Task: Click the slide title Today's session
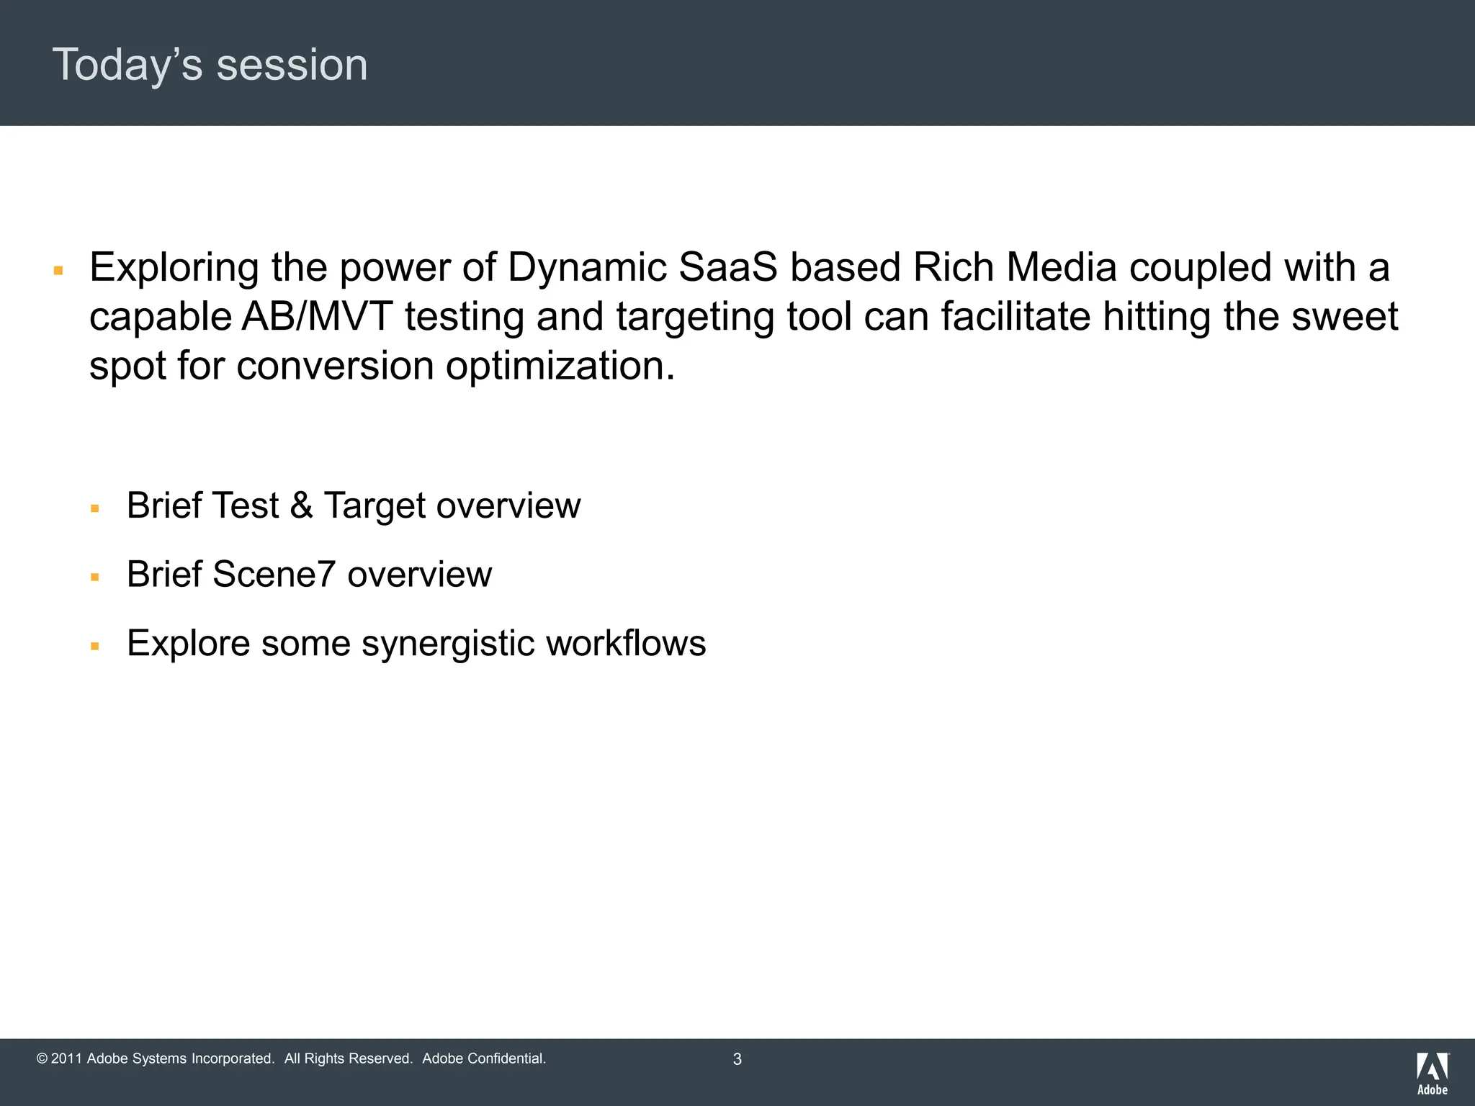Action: pos(210,65)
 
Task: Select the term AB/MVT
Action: pos(317,317)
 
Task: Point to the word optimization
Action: pos(560,366)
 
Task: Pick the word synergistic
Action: pos(447,643)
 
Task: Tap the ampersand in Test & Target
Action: pos(301,505)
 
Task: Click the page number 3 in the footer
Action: pos(737,1059)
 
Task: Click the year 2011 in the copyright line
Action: pos(66,1059)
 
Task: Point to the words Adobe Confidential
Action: pos(483,1059)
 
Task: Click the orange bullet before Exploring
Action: pos(59,271)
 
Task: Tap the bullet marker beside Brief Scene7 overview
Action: pos(95,577)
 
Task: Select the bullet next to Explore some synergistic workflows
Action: pos(95,647)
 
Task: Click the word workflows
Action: pos(625,643)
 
